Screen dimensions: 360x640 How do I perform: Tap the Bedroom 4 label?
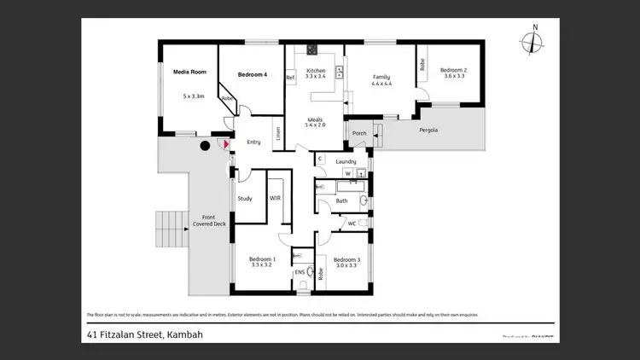[x=253, y=75]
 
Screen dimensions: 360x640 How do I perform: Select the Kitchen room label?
[x=316, y=70]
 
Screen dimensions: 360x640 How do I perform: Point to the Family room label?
[x=381, y=77]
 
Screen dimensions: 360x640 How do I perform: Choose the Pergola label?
[x=428, y=130]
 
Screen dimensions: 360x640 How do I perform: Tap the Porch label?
[x=359, y=133]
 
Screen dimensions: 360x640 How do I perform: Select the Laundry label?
[x=346, y=160]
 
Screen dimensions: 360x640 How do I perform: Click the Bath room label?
[x=341, y=200]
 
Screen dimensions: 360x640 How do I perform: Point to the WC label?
[x=352, y=223]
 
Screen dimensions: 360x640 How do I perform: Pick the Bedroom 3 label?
[x=346, y=259]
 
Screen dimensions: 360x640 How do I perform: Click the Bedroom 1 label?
[x=262, y=258]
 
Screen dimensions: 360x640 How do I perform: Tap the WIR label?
[x=275, y=197]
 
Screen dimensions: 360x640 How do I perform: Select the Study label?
[x=245, y=198]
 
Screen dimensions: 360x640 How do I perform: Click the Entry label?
[x=253, y=142]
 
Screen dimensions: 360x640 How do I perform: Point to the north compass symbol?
[x=535, y=42]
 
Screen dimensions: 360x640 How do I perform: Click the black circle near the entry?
[x=205, y=146]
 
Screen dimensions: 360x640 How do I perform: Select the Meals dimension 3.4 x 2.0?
[x=316, y=125]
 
